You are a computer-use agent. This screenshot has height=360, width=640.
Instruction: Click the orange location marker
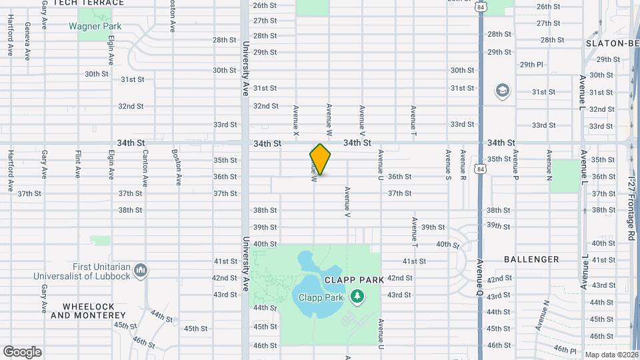tap(320, 159)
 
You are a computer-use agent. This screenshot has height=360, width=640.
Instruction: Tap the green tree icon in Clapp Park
tap(357, 296)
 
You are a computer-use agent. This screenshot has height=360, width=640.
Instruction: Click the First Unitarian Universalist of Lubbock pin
tap(140, 270)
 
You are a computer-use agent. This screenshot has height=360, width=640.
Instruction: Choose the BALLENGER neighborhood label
tap(531, 259)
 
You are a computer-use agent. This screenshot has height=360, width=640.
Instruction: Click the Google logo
tap(22, 352)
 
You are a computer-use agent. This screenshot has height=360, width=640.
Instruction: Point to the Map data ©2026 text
tap(611, 355)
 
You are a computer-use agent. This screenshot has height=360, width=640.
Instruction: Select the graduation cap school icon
tap(502, 90)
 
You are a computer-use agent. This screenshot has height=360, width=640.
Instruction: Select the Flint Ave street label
tap(78, 163)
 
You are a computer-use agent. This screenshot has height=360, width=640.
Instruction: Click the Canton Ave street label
tap(145, 167)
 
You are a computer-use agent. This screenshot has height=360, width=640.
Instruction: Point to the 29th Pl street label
tap(531, 65)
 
